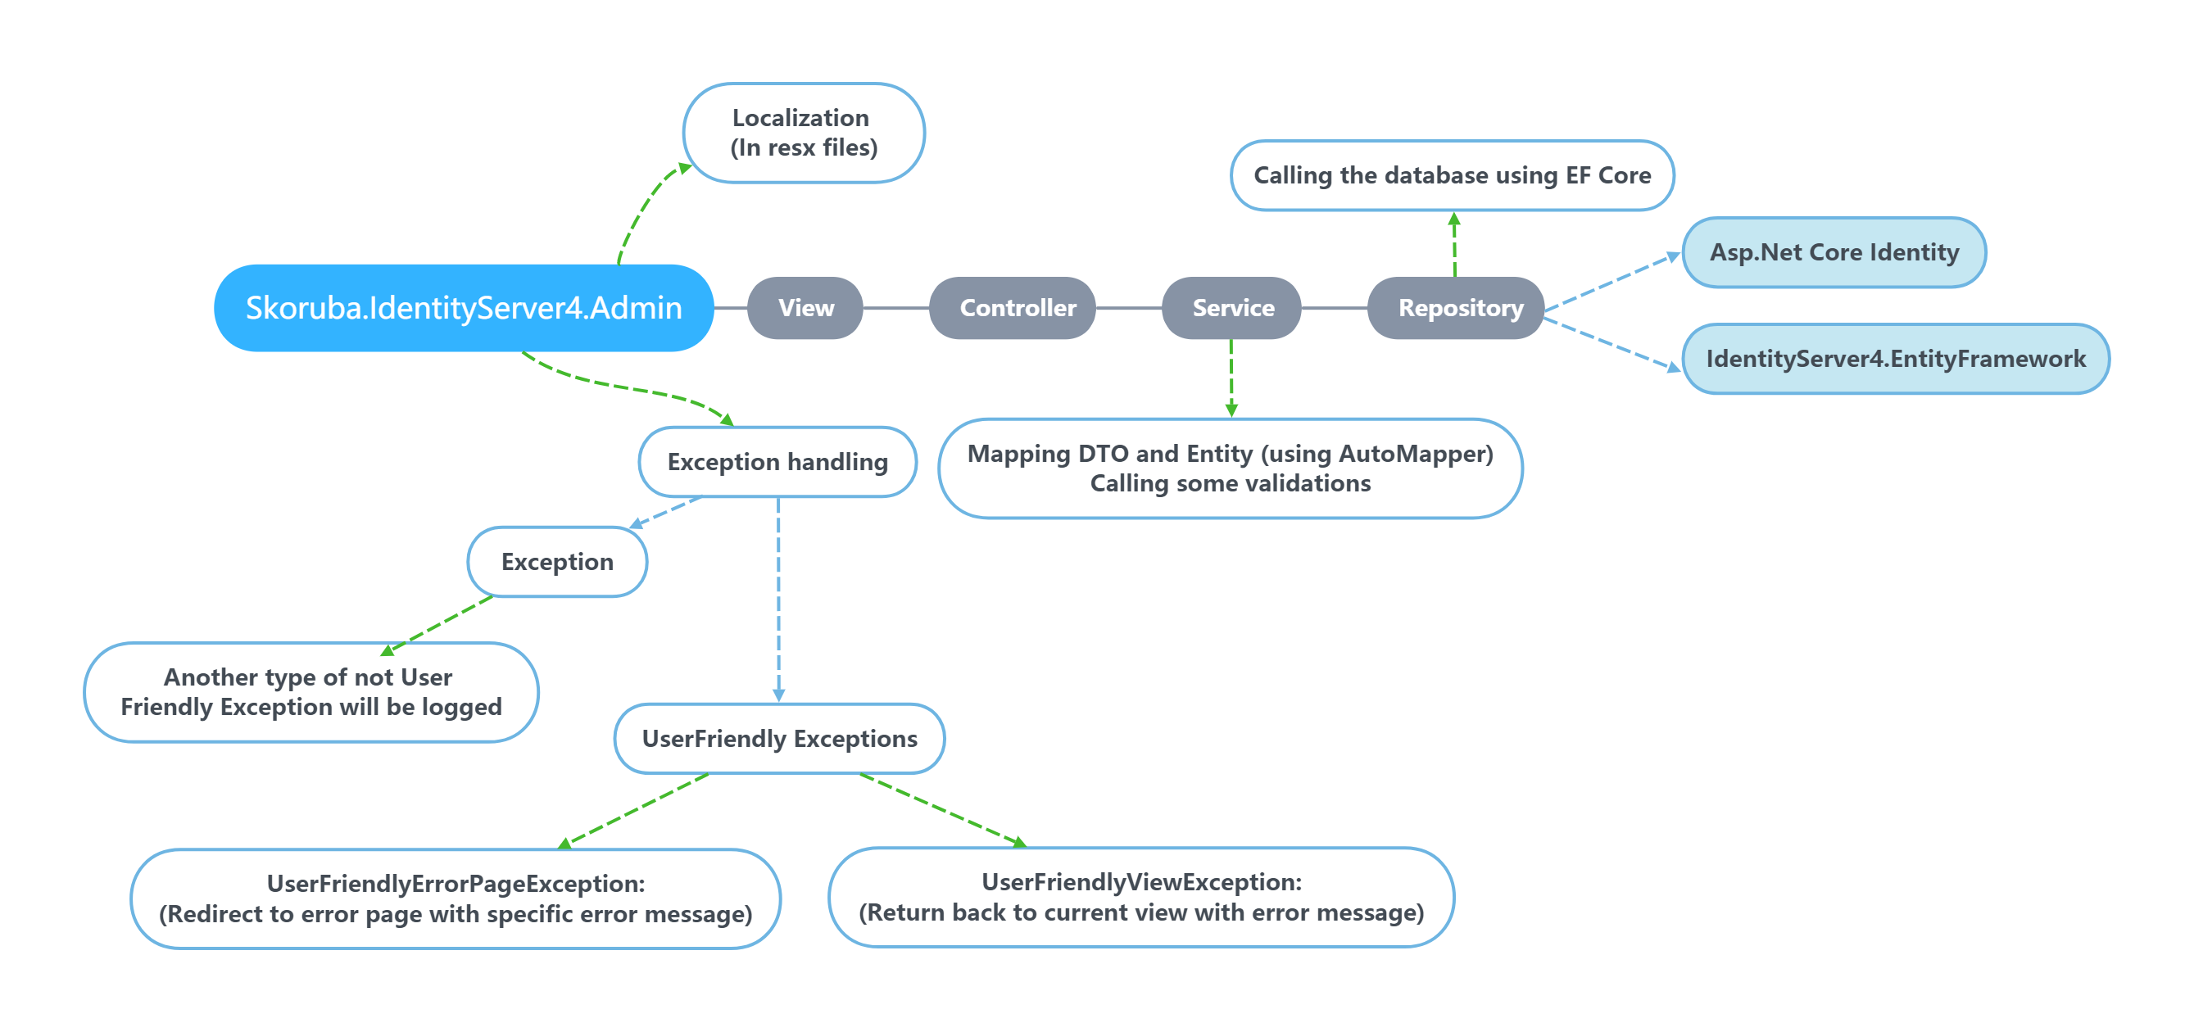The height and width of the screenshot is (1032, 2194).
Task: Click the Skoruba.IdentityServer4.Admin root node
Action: (464, 307)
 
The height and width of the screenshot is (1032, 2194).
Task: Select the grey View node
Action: (805, 307)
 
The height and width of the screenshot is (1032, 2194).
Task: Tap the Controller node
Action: (1017, 307)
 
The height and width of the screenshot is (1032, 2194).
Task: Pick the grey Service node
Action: (1232, 307)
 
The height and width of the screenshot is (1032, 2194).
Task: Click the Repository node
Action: (1460, 307)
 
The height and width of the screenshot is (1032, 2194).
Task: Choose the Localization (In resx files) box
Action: (803, 133)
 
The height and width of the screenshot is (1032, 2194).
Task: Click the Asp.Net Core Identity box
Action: (1834, 252)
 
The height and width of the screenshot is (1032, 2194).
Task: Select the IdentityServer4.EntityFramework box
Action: (1895, 359)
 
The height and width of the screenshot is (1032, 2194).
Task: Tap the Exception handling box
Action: (777, 461)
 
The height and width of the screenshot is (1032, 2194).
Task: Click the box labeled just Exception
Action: (557, 562)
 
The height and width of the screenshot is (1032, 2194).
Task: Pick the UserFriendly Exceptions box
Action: (778, 738)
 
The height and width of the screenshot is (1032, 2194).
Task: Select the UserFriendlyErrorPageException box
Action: (456, 898)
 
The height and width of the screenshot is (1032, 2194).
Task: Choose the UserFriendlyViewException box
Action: (1140, 897)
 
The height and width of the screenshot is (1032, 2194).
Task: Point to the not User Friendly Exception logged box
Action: (311, 691)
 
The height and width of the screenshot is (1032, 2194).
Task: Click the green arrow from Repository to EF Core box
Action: (1454, 247)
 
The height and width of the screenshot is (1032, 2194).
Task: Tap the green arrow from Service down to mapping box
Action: (1231, 379)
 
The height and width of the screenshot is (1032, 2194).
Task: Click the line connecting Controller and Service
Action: (1128, 308)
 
